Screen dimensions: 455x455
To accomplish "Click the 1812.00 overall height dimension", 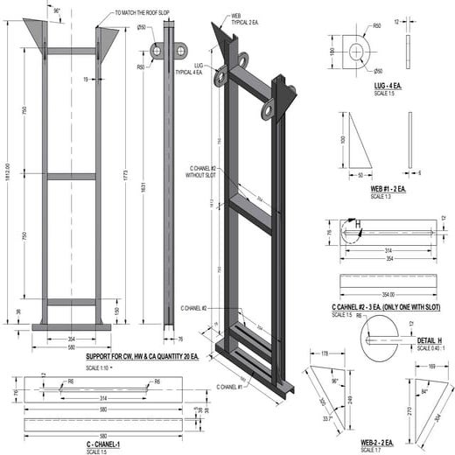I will (x=8, y=166).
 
